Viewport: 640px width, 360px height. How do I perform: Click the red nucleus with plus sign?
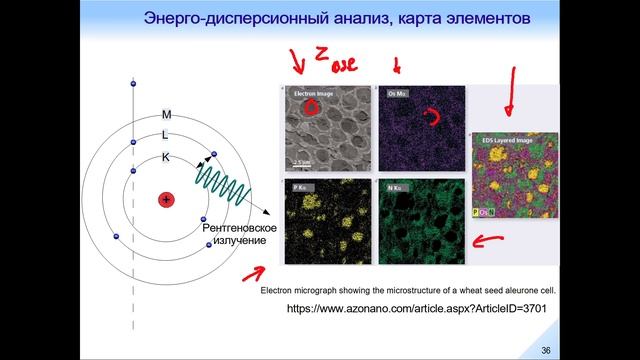click(166, 199)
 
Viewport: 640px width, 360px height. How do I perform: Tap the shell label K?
click(166, 156)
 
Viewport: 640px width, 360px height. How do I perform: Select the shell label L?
click(166, 135)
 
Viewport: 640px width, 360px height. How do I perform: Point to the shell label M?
click(166, 115)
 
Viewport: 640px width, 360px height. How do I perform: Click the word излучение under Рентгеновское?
click(237, 242)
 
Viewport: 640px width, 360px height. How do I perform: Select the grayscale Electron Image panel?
click(325, 129)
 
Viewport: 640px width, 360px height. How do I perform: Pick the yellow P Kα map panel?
click(325, 220)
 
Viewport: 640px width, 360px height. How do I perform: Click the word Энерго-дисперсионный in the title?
click(224, 19)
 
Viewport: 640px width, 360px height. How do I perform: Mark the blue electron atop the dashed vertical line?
click(133, 85)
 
